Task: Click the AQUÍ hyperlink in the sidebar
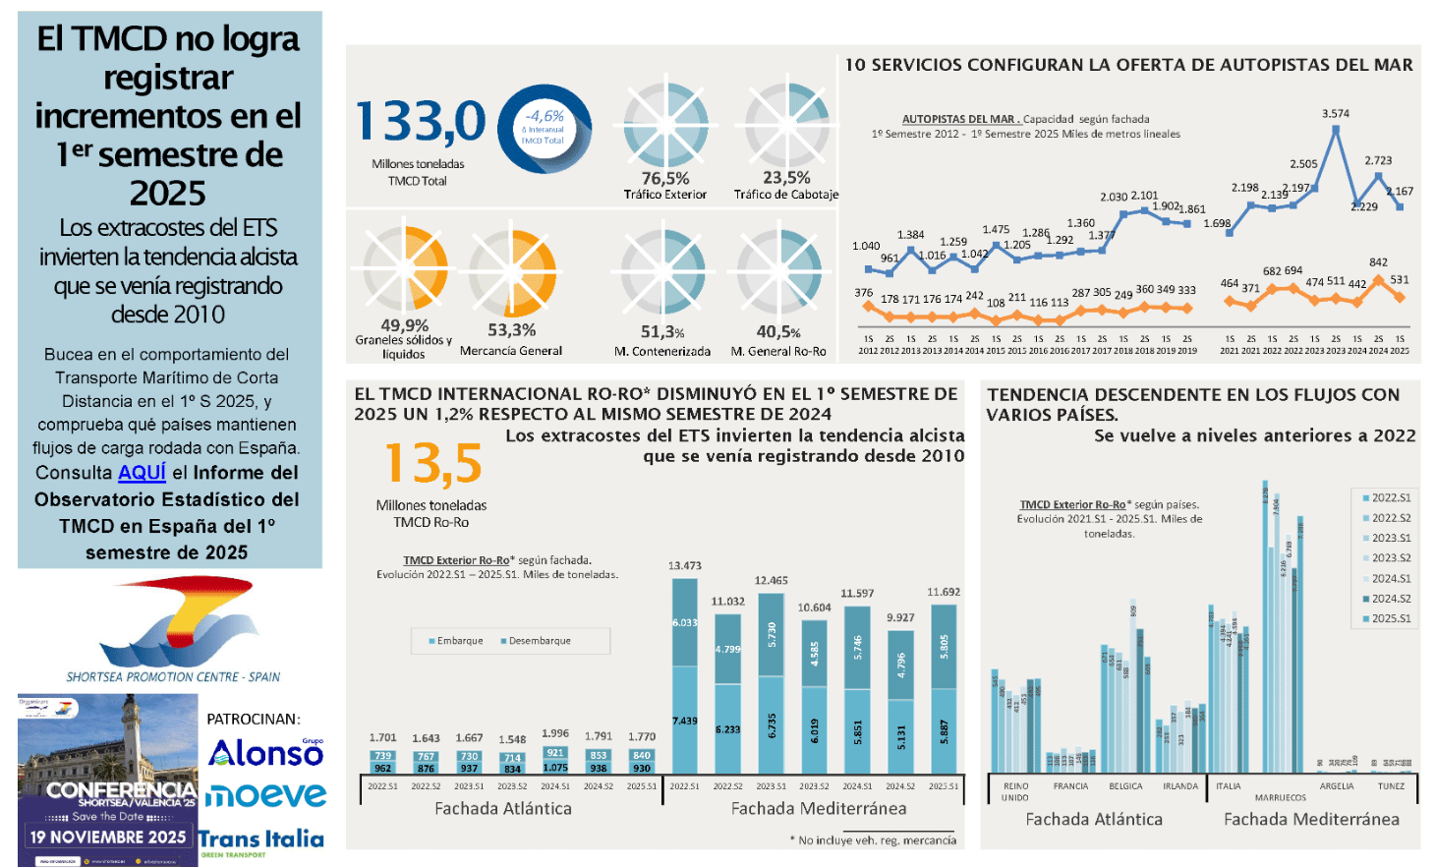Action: (142, 473)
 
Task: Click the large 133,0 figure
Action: (420, 122)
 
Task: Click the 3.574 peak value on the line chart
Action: (1335, 114)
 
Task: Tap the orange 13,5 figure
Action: (432, 462)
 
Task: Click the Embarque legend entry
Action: (456, 641)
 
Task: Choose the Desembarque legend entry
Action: (536, 641)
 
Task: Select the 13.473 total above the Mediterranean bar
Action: (684, 565)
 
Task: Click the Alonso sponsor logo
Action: (265, 753)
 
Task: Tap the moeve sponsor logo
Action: (265, 795)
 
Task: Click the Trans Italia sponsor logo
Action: (261, 839)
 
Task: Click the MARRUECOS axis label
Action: (1280, 797)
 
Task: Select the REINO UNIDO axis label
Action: (1015, 791)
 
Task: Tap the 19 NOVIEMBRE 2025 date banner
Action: (108, 838)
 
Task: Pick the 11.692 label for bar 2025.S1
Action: (944, 592)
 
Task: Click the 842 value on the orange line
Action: (1378, 262)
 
